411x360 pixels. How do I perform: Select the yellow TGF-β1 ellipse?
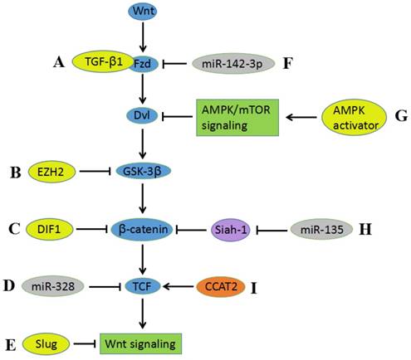coord(104,61)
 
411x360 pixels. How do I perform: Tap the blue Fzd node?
coord(143,63)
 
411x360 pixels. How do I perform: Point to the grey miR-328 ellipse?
coord(52,286)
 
